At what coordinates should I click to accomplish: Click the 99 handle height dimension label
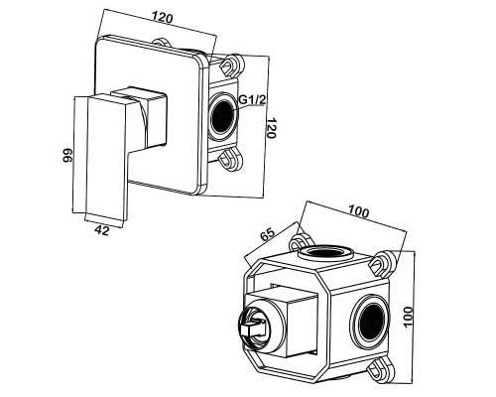(x=67, y=155)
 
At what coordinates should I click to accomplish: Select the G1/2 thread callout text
(x=252, y=99)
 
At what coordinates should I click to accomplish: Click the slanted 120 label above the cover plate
(x=163, y=17)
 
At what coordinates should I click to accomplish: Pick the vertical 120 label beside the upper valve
(x=271, y=128)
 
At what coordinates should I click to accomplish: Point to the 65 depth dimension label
(x=267, y=235)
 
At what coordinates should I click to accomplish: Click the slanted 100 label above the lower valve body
(x=358, y=211)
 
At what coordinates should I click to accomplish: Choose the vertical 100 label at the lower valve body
(x=409, y=318)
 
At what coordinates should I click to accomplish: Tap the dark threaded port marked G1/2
(x=222, y=115)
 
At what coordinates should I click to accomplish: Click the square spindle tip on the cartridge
(x=252, y=329)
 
